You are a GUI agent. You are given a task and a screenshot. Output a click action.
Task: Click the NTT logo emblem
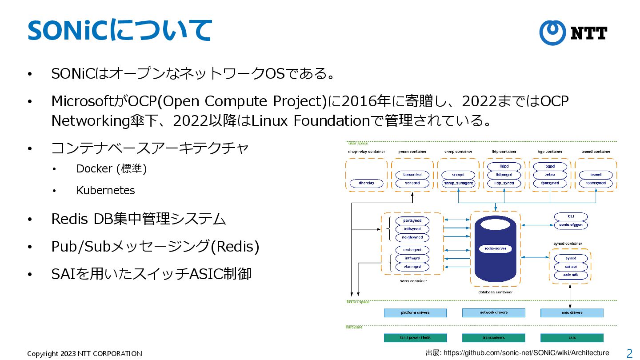coord(552,32)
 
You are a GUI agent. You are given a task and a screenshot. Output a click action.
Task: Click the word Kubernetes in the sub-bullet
coord(105,190)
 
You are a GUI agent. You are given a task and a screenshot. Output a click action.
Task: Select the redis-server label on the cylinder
coord(495,248)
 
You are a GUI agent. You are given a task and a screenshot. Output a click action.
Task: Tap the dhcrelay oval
coord(366,183)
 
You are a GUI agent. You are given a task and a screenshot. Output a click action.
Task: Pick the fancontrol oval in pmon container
coord(412,175)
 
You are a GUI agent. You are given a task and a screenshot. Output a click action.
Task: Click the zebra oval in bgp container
coord(550,175)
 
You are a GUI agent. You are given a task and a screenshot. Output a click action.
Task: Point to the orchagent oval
coord(412,250)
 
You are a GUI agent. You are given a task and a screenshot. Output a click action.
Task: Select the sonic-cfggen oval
coord(571,225)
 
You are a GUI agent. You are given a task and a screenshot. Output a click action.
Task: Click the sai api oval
coord(571,267)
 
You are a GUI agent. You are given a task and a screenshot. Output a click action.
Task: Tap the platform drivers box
coord(415,313)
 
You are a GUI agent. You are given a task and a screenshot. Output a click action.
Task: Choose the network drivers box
coord(493,313)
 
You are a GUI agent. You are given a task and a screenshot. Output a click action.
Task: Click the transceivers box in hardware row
coord(493,338)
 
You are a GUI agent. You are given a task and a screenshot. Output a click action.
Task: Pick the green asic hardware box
coord(572,338)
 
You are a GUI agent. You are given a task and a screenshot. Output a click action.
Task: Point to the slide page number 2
coord(629,353)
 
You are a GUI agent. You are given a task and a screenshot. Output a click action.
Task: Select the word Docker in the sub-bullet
coord(94,169)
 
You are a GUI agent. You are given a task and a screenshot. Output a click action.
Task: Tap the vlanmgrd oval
coord(412,267)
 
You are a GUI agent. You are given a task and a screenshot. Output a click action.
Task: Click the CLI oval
coord(571,216)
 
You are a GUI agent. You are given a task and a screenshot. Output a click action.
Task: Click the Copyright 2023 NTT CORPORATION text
coord(84,354)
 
